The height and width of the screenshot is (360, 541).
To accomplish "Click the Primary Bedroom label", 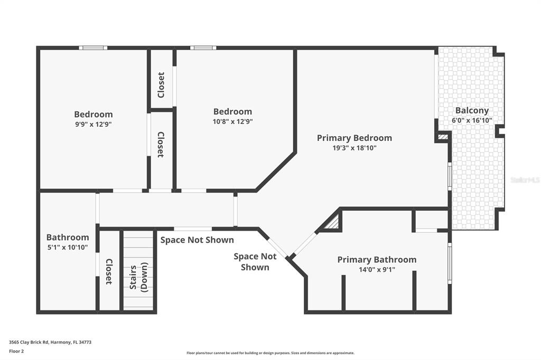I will (x=354, y=138).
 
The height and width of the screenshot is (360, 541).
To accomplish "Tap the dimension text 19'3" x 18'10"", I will (x=354, y=148).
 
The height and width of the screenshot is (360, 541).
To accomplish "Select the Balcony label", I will (x=472, y=111).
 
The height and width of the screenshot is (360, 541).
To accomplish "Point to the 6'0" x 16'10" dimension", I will (x=472, y=120).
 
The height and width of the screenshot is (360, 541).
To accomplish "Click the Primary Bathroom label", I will (x=377, y=259).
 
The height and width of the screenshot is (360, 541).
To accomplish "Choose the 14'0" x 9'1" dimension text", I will (x=377, y=269).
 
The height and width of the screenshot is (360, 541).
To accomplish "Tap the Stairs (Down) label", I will (x=138, y=277).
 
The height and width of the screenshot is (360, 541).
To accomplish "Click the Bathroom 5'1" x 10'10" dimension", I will (x=67, y=247).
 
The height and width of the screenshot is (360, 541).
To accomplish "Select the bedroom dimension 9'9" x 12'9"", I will (x=93, y=124).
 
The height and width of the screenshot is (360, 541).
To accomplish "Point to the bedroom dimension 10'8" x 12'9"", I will (x=232, y=121).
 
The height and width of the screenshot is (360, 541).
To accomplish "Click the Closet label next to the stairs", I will (x=109, y=271).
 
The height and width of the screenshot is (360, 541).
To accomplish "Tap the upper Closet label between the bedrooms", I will (x=161, y=84).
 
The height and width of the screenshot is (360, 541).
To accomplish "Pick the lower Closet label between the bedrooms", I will (x=161, y=145).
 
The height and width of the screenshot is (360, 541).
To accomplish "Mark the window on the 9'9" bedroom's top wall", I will (x=93, y=48).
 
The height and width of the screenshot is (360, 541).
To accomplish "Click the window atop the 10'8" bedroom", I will (x=203, y=48).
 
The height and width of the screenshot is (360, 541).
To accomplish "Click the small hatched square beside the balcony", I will (x=443, y=137).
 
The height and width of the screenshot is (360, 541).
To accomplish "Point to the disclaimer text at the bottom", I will (x=270, y=353).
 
